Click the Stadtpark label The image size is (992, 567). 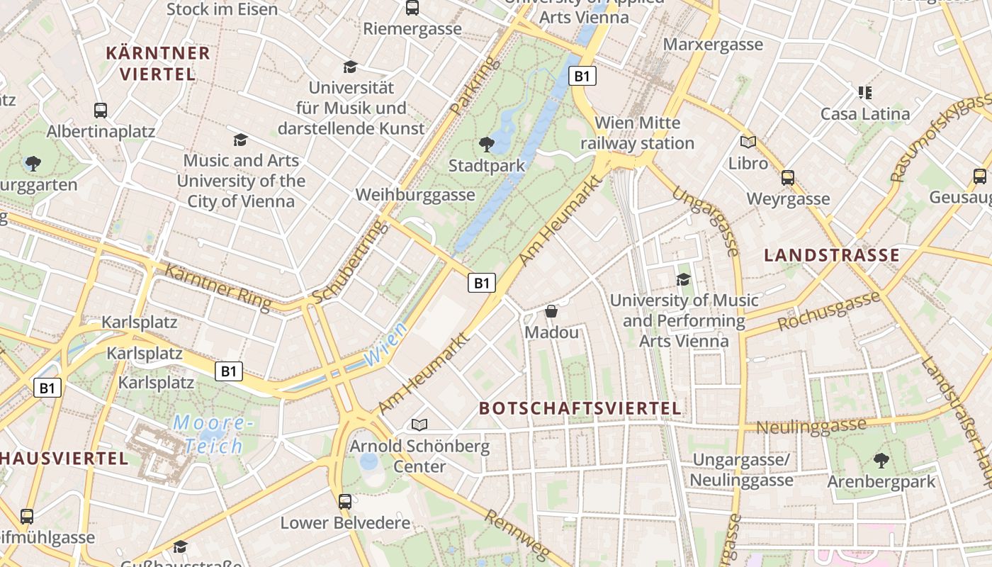tap(487, 166)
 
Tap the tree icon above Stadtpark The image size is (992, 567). tap(487, 145)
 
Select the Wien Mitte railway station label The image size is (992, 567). tap(637, 133)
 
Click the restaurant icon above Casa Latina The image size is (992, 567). tap(864, 92)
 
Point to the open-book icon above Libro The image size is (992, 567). tap(748, 142)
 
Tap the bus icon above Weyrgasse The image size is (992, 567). tap(787, 177)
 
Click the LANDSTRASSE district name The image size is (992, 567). tap(831, 255)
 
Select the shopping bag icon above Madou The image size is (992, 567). tap(551, 311)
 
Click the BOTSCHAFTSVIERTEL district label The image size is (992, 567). tap(580, 408)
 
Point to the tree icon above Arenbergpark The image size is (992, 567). tap(881, 461)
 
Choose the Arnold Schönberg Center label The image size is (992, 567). tap(419, 456)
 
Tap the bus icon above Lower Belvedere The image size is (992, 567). tap(345, 502)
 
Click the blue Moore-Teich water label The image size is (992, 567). tap(213, 434)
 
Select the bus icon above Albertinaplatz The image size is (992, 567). tap(101, 111)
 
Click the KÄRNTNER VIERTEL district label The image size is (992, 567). tap(157, 63)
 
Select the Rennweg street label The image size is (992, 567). tap(517, 537)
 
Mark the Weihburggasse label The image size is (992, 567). tap(415, 195)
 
